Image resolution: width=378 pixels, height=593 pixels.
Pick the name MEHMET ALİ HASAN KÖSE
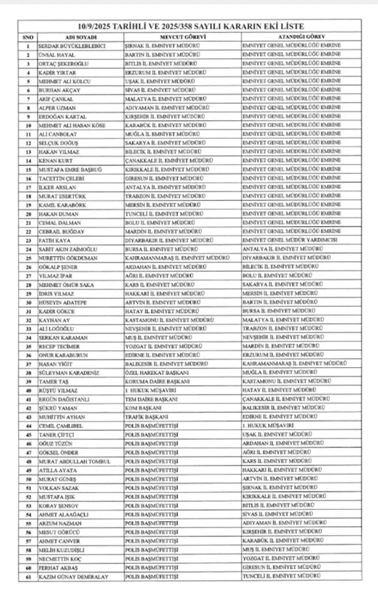(x=72, y=125)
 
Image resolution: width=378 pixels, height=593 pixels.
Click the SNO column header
(x=27, y=37)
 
